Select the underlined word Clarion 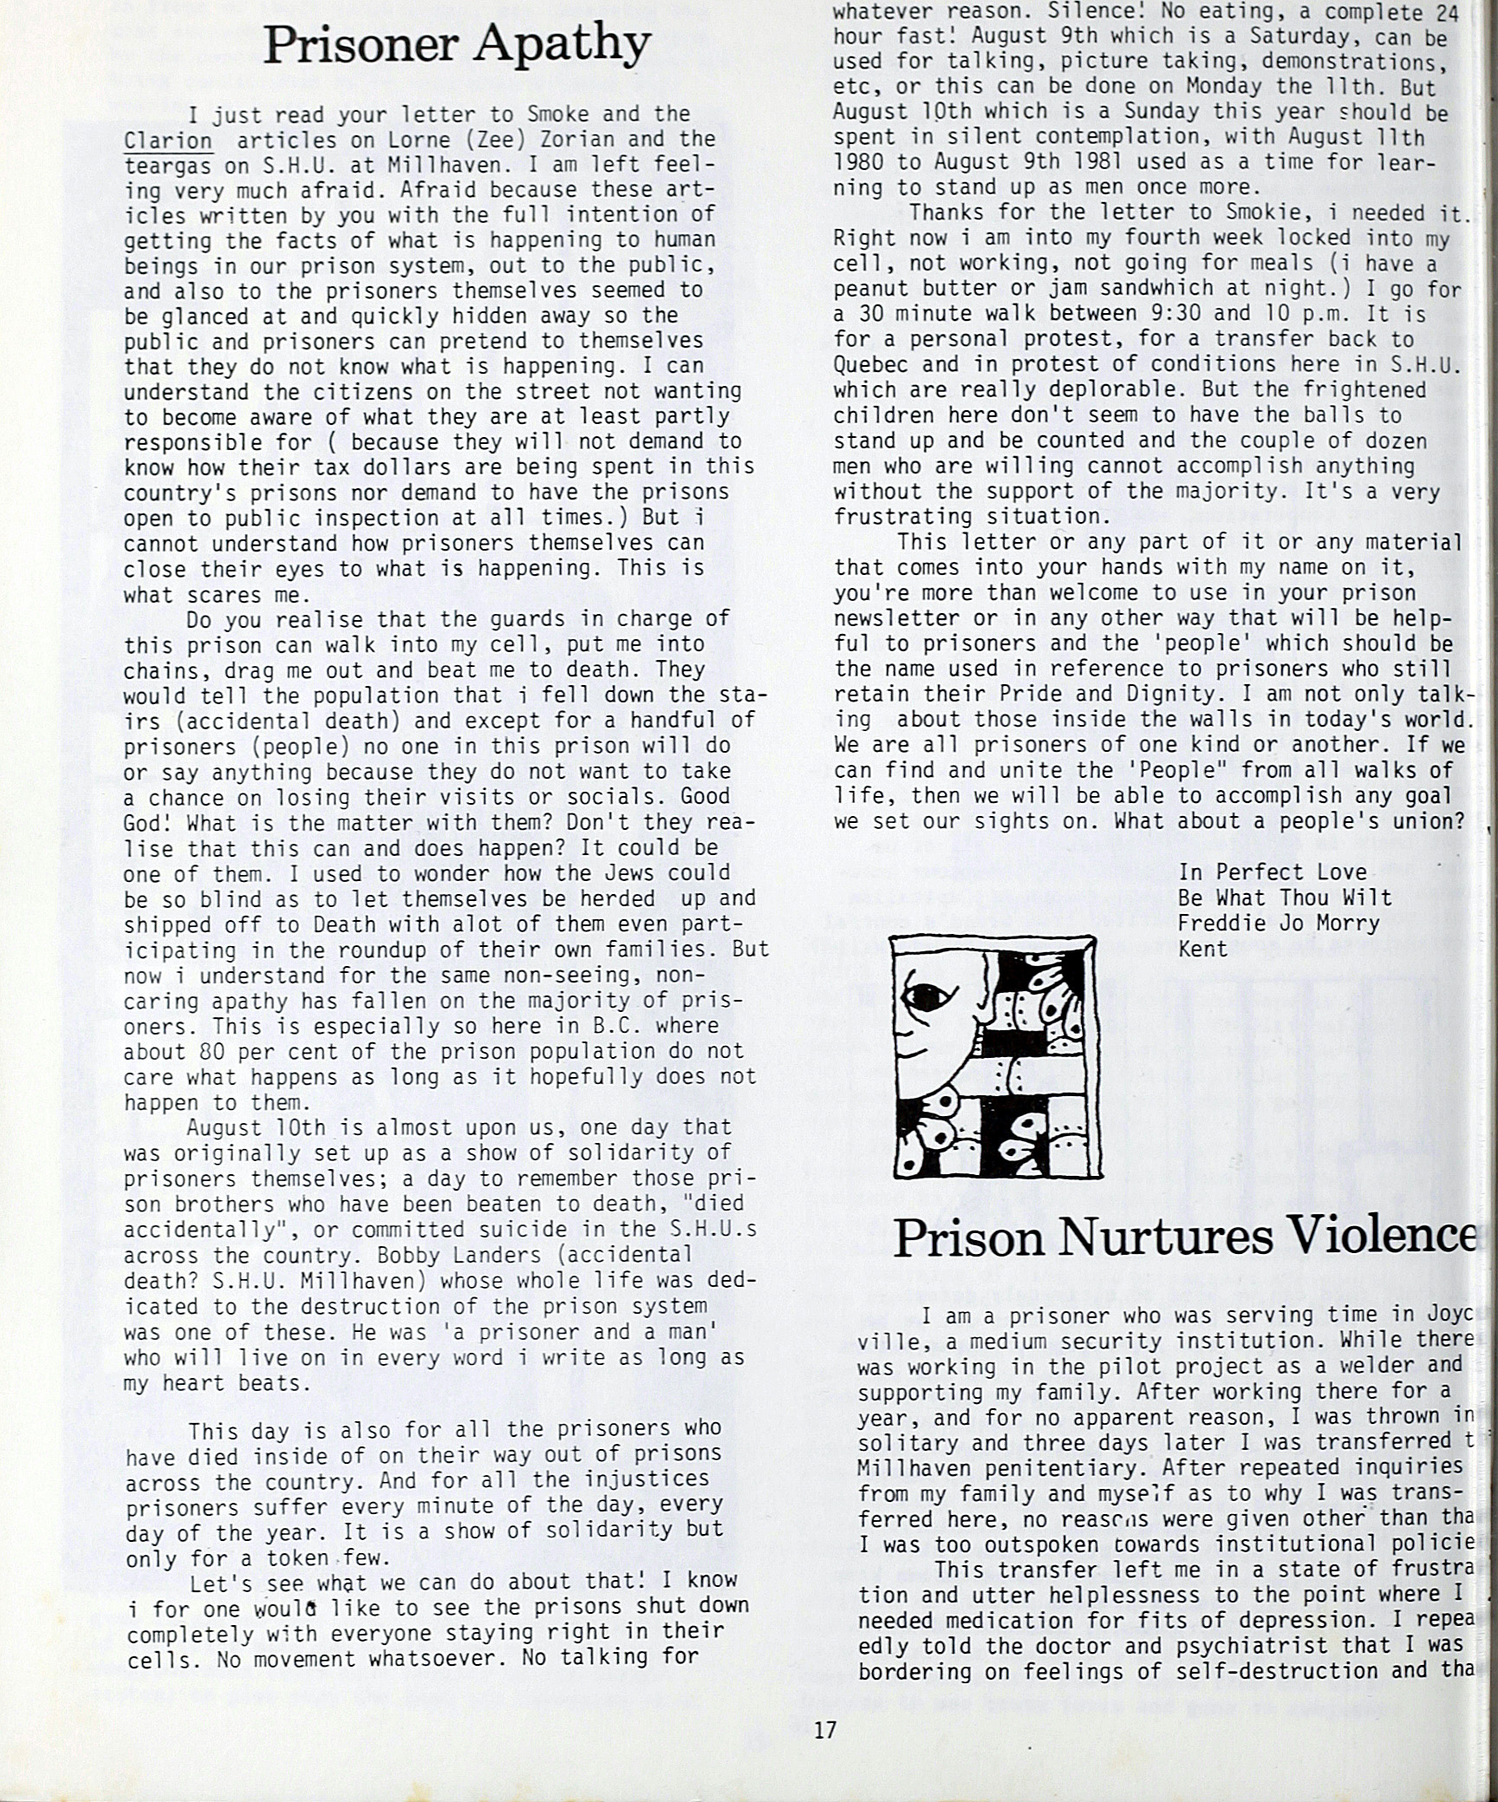click(167, 140)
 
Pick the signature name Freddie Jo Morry click(1278, 923)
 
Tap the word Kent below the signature click(1202, 949)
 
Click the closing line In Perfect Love click(1272, 872)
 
